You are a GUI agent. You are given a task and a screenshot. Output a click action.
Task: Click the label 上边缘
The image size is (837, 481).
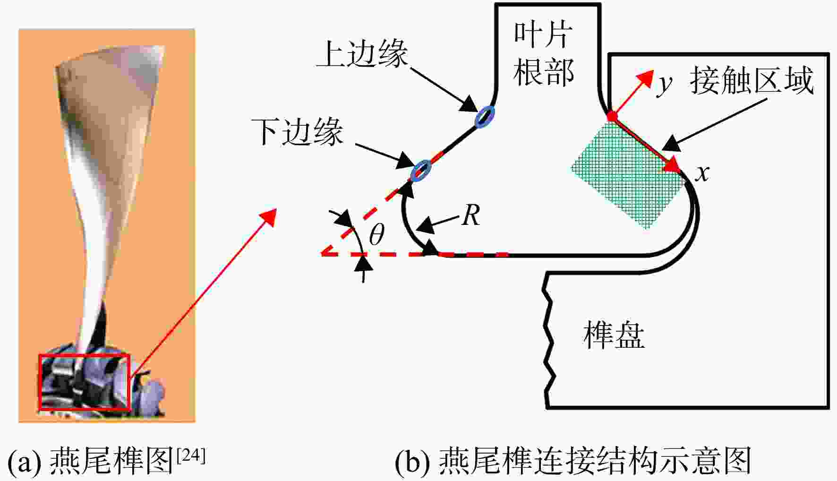click(x=362, y=54)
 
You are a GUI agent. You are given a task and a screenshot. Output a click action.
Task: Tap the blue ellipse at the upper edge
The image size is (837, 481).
click(x=485, y=116)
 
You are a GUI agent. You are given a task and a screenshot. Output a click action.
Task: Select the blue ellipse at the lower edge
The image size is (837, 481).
click(x=421, y=170)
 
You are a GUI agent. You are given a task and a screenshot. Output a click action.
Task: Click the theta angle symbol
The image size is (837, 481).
click(x=376, y=234)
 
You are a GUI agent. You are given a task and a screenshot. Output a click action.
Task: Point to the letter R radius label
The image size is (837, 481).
click(x=471, y=215)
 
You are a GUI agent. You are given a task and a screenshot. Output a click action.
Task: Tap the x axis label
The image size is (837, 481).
click(x=702, y=173)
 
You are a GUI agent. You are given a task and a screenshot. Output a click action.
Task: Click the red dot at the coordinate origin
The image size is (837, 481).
click(x=612, y=116)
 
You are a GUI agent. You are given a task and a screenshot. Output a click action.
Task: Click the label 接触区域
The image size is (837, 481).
click(x=752, y=80)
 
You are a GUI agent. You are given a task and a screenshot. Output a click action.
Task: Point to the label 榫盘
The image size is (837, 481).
click(x=614, y=335)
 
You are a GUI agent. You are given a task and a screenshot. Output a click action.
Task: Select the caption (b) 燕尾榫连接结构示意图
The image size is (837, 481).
click(x=572, y=460)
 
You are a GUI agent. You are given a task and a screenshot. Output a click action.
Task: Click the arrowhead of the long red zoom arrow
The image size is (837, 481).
click(x=268, y=215)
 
